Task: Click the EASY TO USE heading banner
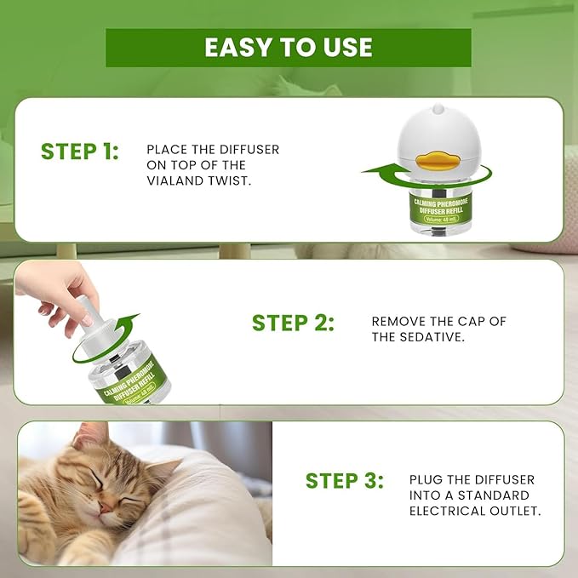pos(288,48)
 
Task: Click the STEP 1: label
pos(80,152)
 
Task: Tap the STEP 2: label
pos(293,323)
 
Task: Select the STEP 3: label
pos(345,480)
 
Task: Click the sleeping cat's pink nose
pos(103,507)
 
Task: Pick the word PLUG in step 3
pos(426,480)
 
